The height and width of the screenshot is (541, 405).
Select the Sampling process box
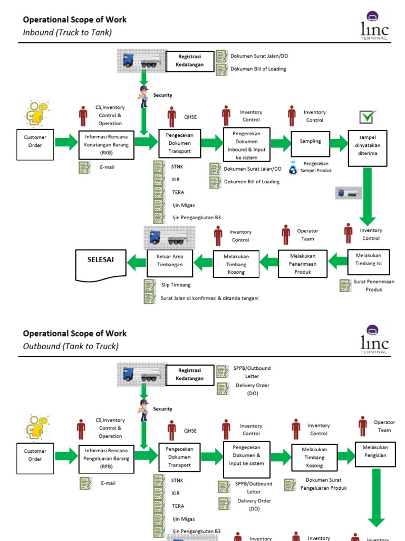point(310,142)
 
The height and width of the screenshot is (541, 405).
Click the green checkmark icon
point(368,117)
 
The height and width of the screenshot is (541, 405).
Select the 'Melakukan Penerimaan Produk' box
point(303,264)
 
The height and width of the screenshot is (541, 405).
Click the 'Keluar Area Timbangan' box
point(170,260)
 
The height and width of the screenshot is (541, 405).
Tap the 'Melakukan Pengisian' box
point(374,451)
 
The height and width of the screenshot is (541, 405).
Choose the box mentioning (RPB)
point(107,459)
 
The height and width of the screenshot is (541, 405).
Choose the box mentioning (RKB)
point(106,145)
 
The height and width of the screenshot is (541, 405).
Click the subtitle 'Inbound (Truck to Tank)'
point(67,32)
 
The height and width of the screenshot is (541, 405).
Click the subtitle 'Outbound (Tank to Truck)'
point(71,346)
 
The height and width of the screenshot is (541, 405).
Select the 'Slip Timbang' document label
point(176,285)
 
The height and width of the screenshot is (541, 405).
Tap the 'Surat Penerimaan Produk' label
point(373,285)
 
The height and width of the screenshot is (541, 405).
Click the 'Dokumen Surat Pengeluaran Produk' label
point(323,484)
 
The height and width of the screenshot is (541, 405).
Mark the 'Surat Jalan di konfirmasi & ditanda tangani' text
point(209,298)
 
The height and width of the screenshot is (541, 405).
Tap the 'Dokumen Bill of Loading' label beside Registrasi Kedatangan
point(258,69)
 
